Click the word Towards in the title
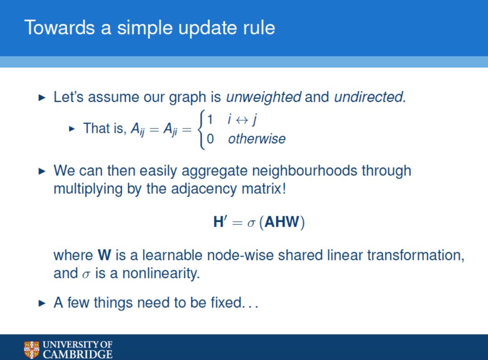click(x=59, y=28)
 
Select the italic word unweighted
click(x=263, y=97)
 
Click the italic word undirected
click(x=369, y=97)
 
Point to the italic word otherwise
click(x=257, y=139)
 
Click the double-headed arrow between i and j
click(x=242, y=120)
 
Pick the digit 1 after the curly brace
click(x=210, y=119)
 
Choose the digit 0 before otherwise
click(x=210, y=139)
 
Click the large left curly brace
click(x=201, y=129)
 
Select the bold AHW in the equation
click(x=282, y=222)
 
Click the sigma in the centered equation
click(x=251, y=223)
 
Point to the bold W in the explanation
click(x=104, y=255)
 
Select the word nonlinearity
click(x=160, y=274)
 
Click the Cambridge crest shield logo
click(x=32, y=350)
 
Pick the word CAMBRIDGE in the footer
click(x=78, y=355)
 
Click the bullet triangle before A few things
click(x=42, y=303)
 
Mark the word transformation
click(x=416, y=256)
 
